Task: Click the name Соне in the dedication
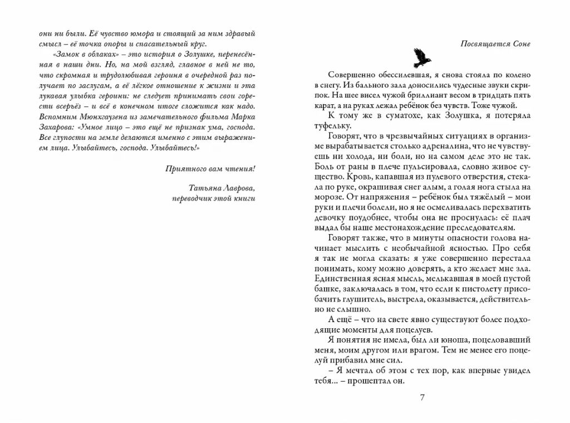tap(520, 43)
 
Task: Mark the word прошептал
tap(365, 382)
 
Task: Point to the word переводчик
tap(189, 199)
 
